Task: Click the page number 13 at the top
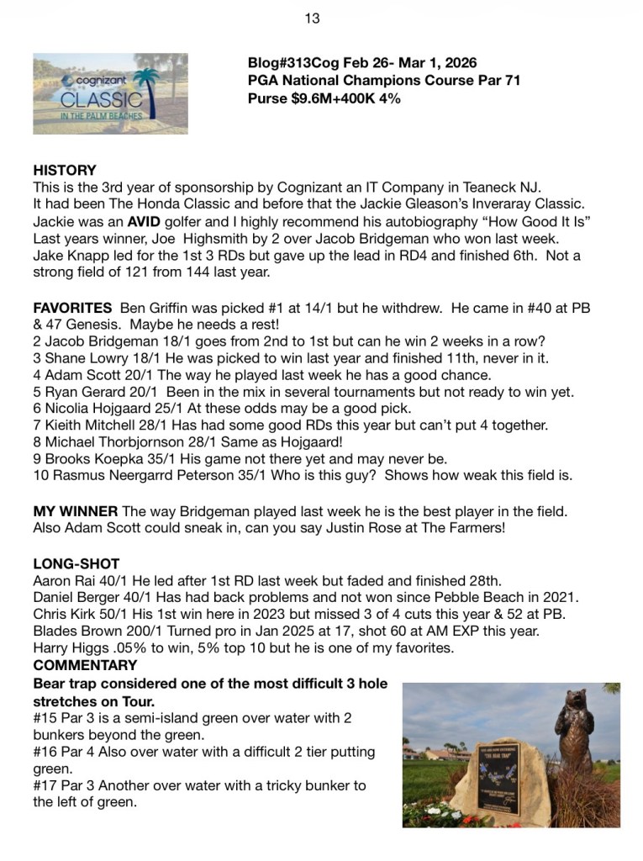tap(312, 18)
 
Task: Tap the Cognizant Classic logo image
tap(110, 93)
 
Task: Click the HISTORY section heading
tap(65, 170)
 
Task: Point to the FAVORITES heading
tap(72, 308)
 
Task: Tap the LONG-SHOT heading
tap(76, 563)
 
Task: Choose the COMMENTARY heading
tap(85, 665)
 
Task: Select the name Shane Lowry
tap(82, 358)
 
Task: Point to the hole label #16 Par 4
tap(72, 751)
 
